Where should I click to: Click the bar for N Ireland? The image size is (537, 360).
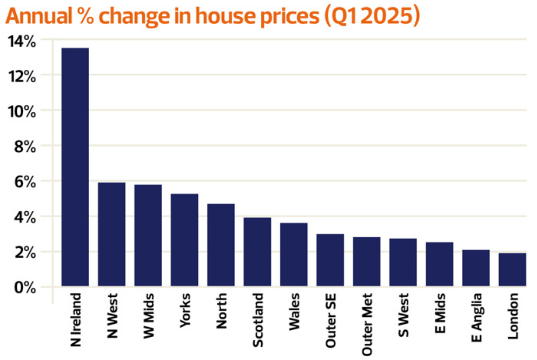click(75, 167)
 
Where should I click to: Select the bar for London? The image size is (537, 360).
click(512, 270)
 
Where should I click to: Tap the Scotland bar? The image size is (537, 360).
click(257, 252)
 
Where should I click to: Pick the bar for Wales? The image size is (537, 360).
click(294, 254)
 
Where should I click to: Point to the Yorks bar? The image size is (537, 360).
click(184, 240)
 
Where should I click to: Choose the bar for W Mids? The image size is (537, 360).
click(148, 235)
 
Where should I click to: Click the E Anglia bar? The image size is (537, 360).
click(476, 268)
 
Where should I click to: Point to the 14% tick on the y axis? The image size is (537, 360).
click(22, 41)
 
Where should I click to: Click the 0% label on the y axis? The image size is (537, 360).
click(25, 287)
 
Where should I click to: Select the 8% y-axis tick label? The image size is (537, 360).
click(25, 147)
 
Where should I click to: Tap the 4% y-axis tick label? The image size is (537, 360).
click(25, 217)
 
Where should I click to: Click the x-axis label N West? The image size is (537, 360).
click(112, 315)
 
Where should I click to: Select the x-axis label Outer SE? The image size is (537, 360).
click(331, 320)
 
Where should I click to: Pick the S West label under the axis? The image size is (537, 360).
click(403, 315)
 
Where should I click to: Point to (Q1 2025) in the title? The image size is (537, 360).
click(372, 16)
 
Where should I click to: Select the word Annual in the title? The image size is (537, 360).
click(39, 16)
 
